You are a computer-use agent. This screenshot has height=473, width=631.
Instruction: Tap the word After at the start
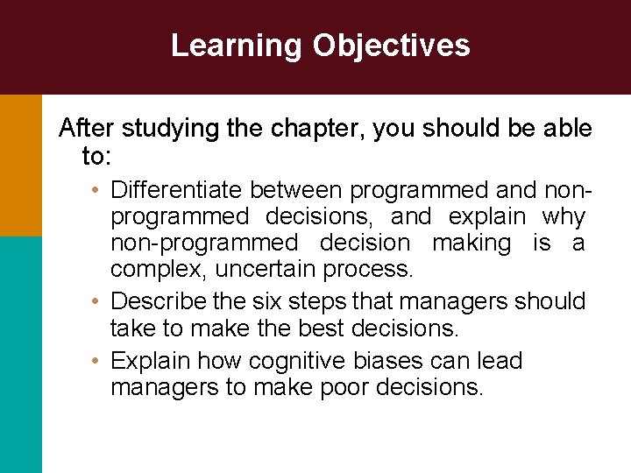87,129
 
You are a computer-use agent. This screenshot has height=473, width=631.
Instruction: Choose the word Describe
160,301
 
